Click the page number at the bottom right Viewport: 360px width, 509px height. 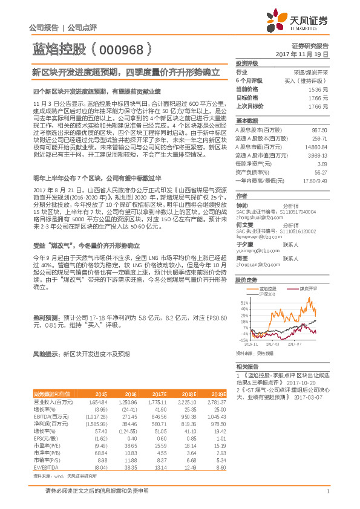pyautogui.click(x=327, y=499)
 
